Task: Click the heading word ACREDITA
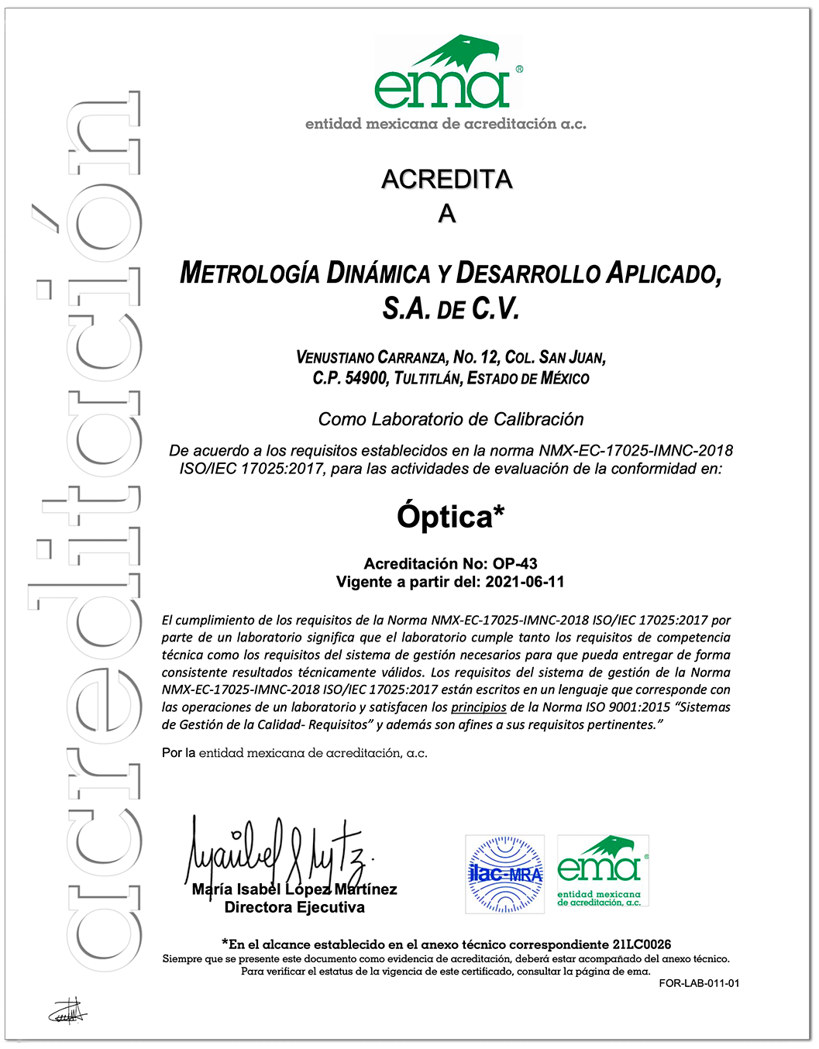point(447,179)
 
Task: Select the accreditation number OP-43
point(515,564)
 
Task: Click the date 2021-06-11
point(525,582)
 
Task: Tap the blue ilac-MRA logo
point(504,874)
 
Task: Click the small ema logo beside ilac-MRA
point(602,871)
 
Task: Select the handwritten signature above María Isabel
point(279,852)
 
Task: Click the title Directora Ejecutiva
point(294,907)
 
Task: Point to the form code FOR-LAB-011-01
point(699,983)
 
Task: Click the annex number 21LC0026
point(642,944)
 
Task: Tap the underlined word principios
point(479,707)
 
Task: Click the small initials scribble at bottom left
point(67,1010)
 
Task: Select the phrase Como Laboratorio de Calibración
point(451,419)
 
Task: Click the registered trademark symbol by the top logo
point(518,69)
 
